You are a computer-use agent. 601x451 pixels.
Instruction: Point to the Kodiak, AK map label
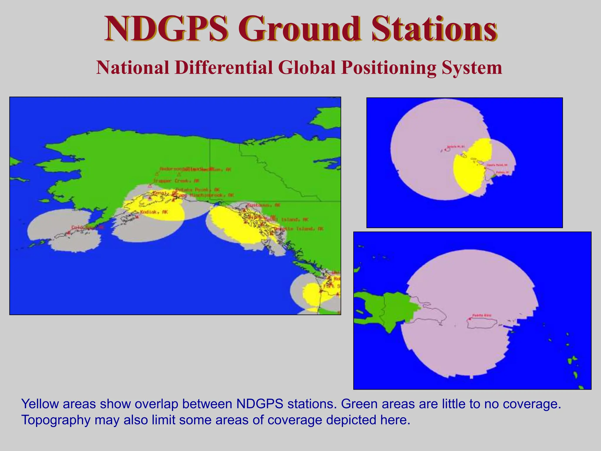click(154, 212)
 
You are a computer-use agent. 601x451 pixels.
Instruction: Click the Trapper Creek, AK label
click(176, 181)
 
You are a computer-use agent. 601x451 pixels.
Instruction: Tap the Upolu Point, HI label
click(497, 165)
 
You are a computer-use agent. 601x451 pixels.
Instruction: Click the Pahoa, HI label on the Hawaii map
click(502, 172)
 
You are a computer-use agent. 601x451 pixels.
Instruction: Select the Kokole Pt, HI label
click(456, 146)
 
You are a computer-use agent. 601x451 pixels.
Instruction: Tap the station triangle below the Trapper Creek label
click(150, 186)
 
